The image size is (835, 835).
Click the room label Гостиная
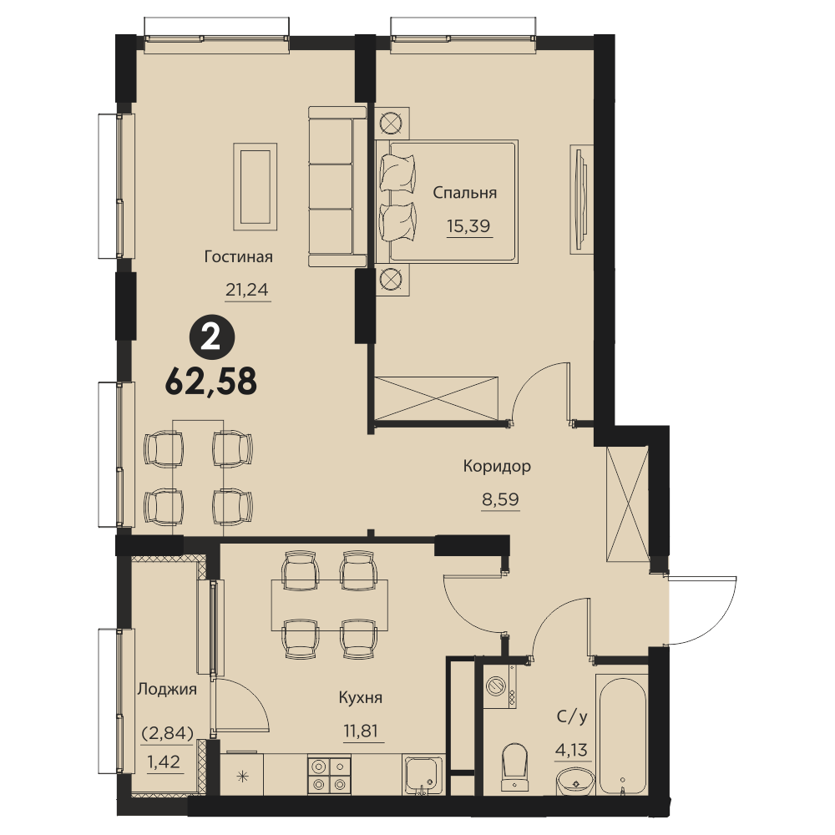(x=238, y=256)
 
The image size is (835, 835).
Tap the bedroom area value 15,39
(x=468, y=226)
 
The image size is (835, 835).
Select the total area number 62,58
(x=211, y=382)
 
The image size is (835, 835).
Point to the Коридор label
(x=497, y=467)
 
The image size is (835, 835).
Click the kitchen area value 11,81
(x=361, y=731)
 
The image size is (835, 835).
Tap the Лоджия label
(x=167, y=690)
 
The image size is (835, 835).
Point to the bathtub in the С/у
(x=621, y=735)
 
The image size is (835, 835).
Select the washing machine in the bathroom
(x=500, y=686)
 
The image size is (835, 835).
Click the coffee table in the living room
(x=255, y=186)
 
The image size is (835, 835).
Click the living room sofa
(x=337, y=186)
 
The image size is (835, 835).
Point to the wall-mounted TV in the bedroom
(x=581, y=200)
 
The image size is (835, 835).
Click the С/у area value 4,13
(x=571, y=751)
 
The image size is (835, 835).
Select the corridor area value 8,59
(x=500, y=500)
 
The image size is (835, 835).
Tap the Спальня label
(x=464, y=193)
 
